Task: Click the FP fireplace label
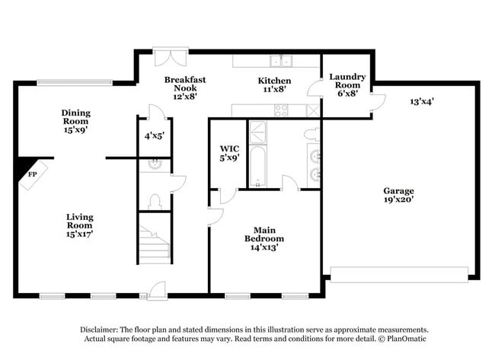pyautogui.click(x=32, y=174)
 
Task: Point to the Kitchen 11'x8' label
pyautogui.click(x=274, y=84)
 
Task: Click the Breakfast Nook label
pyautogui.click(x=185, y=88)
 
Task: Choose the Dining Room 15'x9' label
pyautogui.click(x=75, y=121)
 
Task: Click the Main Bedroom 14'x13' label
pyautogui.click(x=264, y=238)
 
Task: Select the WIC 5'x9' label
pyautogui.click(x=229, y=154)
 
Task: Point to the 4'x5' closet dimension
pyautogui.click(x=155, y=136)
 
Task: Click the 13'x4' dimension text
pyautogui.click(x=422, y=100)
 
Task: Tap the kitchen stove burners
pyautogui.click(x=281, y=110)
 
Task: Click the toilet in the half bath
pyautogui.click(x=155, y=202)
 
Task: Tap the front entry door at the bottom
pyautogui.click(x=157, y=290)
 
